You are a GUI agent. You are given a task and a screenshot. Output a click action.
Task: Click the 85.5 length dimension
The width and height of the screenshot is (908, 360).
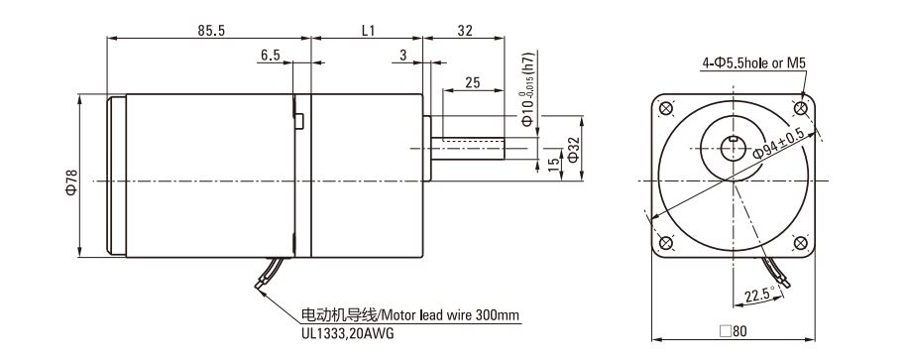coord(211,31)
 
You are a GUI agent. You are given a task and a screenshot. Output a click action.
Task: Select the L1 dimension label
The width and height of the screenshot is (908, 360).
coord(368,31)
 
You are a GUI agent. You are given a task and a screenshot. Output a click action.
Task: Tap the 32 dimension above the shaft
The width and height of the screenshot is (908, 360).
coord(465,31)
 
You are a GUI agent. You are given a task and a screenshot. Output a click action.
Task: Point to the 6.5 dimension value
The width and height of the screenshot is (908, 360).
coord(271,56)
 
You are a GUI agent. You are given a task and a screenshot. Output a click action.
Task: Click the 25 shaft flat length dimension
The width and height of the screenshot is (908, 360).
coord(473,82)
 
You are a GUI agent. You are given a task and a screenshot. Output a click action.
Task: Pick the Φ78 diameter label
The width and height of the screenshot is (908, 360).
coord(71,182)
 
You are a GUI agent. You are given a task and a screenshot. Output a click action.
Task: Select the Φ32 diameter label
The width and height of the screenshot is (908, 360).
coord(573,150)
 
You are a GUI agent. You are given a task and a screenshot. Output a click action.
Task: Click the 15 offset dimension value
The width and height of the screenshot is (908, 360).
coord(554,164)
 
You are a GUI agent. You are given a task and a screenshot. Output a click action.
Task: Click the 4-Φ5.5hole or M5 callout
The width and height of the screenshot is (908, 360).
coord(754,63)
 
